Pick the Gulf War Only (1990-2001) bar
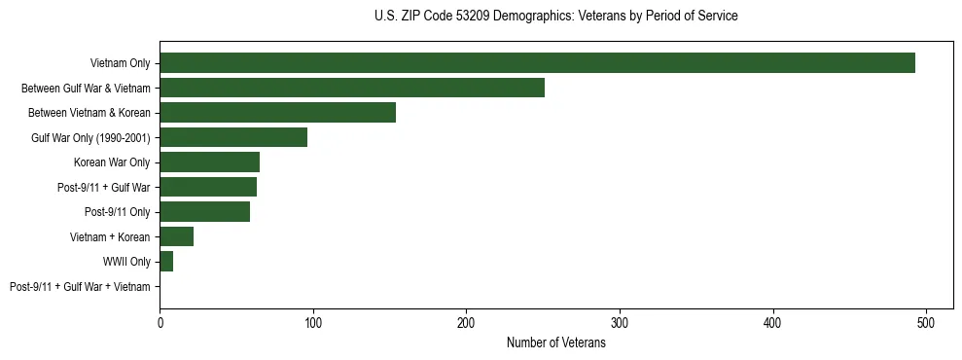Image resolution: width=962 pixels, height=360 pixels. pos(233,137)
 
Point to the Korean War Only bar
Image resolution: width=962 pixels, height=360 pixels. pos(209,162)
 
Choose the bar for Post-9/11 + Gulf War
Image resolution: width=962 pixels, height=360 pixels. pos(208,187)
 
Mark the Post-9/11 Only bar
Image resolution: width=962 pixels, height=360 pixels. pos(205,212)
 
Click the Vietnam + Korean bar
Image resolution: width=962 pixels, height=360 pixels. pos(176,236)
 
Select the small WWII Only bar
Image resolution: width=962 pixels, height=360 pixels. pos(166,262)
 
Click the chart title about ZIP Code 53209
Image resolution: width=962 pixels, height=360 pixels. pos(555,17)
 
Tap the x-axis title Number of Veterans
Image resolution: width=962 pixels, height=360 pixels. pos(555,342)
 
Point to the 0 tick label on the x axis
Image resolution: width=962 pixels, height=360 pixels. pos(160,323)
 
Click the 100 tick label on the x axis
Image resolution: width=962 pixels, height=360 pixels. pos(313,323)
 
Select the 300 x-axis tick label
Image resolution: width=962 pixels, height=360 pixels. pos(620,323)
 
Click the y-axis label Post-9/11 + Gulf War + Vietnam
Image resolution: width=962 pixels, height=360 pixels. pos(80,287)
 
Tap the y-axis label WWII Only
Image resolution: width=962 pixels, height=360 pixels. pos(126,262)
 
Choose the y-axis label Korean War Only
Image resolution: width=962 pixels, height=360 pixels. pos(112,162)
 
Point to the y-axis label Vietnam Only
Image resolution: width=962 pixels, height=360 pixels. pos(120,63)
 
